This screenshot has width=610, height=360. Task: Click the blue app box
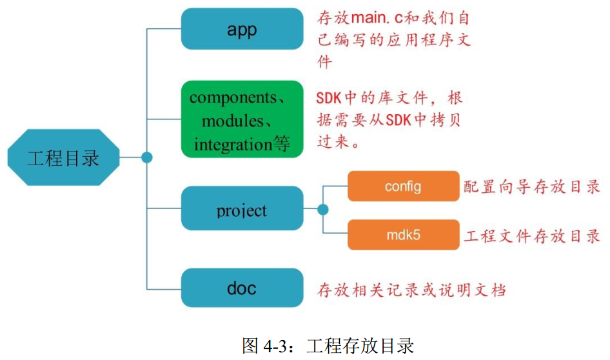pyautogui.click(x=242, y=29)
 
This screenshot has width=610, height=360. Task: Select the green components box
pyautogui.click(x=242, y=119)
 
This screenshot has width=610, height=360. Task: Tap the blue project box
pyautogui.click(x=242, y=209)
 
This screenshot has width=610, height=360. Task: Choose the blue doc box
pyautogui.click(x=242, y=288)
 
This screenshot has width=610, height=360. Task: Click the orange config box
pyautogui.click(x=403, y=186)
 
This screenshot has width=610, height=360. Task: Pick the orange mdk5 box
pyautogui.click(x=403, y=234)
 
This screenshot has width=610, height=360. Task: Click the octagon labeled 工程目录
pyautogui.click(x=63, y=157)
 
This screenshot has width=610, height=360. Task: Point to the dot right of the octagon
pyautogui.click(x=147, y=157)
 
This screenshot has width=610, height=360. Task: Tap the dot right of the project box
pyautogui.click(x=323, y=209)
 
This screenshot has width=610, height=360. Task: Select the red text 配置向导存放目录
pyautogui.click(x=533, y=187)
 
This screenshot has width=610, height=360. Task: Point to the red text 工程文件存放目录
pyautogui.click(x=533, y=235)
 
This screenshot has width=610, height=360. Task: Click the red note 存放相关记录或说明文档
pyautogui.click(x=411, y=289)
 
